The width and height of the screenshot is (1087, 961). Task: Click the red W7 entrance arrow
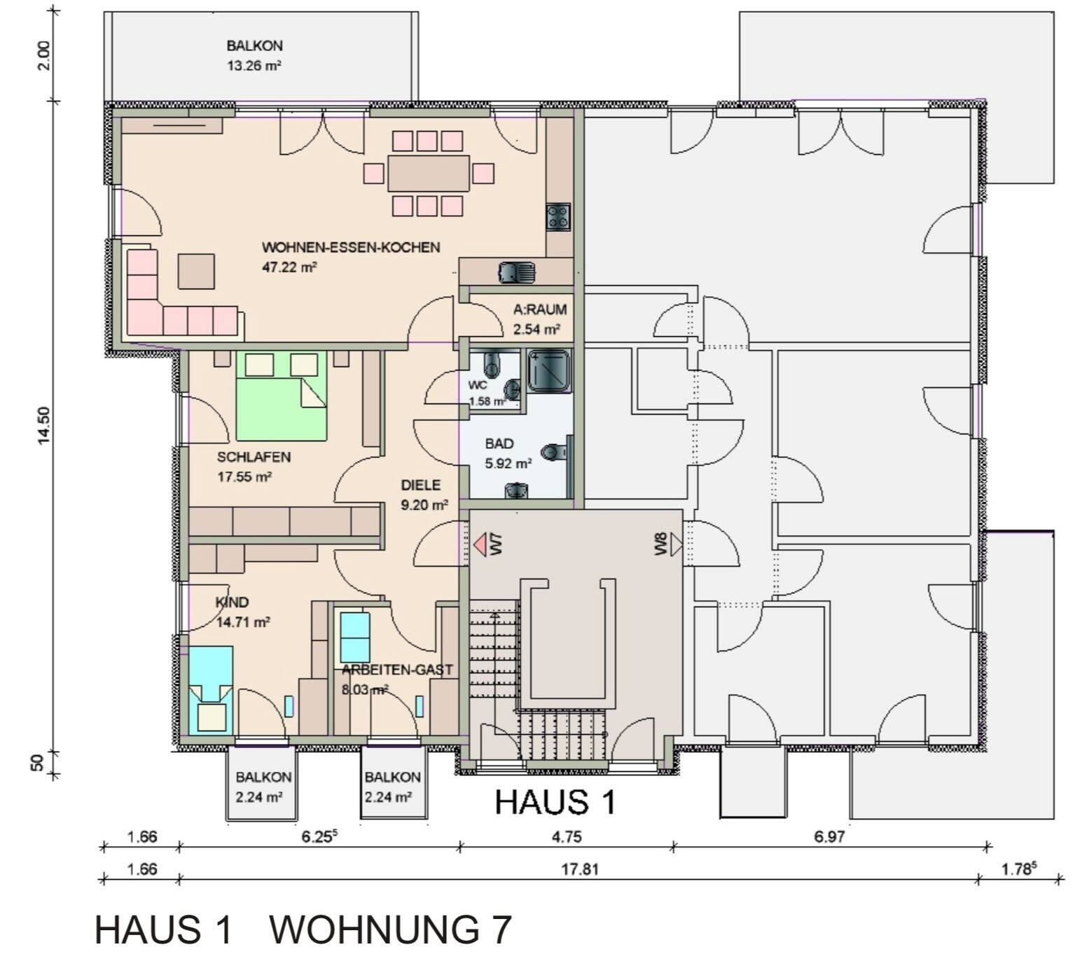[480, 544]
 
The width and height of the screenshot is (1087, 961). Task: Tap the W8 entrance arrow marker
[675, 544]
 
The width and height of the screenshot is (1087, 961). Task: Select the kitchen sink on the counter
[516, 271]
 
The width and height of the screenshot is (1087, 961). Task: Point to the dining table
[428, 173]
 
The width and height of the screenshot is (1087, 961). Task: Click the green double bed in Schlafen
[281, 396]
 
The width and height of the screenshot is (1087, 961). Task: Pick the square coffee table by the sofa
[196, 271]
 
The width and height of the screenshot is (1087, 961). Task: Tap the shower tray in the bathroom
[550, 370]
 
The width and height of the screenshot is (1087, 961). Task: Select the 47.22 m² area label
[290, 267]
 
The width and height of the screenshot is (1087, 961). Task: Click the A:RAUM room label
[539, 309]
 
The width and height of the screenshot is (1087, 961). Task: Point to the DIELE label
[420, 485]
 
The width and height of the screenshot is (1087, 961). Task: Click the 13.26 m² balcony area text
[254, 67]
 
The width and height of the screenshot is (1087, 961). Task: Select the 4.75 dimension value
[566, 837]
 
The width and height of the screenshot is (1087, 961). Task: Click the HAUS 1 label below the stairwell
[555, 802]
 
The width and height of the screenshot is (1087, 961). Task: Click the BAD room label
[499, 443]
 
